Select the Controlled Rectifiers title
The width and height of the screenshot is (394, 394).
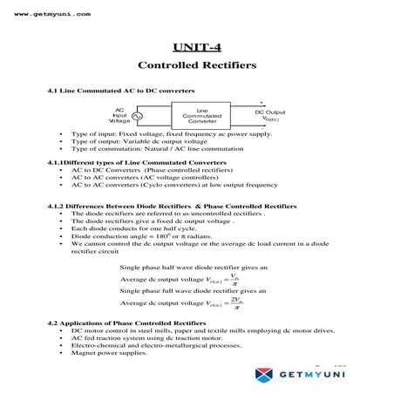(x=196, y=65)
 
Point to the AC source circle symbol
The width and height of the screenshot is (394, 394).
(x=138, y=116)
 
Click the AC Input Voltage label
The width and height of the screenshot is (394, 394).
(x=119, y=115)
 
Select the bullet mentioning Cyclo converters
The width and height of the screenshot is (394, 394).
(x=174, y=185)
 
